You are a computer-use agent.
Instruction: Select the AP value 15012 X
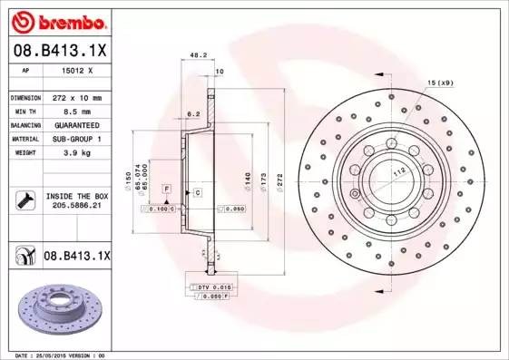[x=75, y=71]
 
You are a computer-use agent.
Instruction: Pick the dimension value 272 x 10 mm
[x=75, y=97]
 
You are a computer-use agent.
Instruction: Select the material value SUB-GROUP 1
[x=75, y=138]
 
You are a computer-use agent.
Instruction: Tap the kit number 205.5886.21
[x=75, y=206]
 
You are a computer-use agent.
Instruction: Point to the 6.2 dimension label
[x=191, y=114]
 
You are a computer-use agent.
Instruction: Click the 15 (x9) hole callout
[x=440, y=83]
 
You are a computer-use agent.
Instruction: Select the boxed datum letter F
[x=167, y=187]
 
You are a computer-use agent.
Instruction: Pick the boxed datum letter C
[x=196, y=194]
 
